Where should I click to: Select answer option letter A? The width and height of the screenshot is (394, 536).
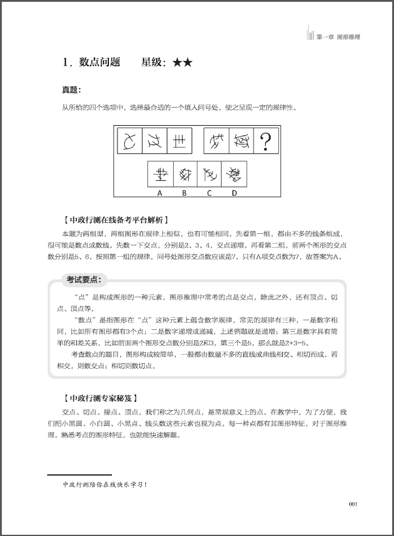(x=160, y=193)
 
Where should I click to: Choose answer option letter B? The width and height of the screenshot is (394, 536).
(x=185, y=193)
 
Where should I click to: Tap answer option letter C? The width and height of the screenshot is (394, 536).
(x=209, y=193)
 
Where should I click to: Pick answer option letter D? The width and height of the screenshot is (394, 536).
(x=234, y=193)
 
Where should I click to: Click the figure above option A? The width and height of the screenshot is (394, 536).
(x=160, y=175)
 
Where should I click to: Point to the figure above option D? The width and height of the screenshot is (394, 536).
(x=234, y=175)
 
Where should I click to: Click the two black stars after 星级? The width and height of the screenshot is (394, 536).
(x=182, y=62)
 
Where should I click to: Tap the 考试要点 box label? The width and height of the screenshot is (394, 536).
(x=84, y=279)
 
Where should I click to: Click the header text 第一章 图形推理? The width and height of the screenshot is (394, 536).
(x=338, y=37)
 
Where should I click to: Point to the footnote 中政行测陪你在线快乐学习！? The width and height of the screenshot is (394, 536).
(x=105, y=485)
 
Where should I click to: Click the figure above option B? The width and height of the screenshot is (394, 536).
(x=185, y=175)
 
